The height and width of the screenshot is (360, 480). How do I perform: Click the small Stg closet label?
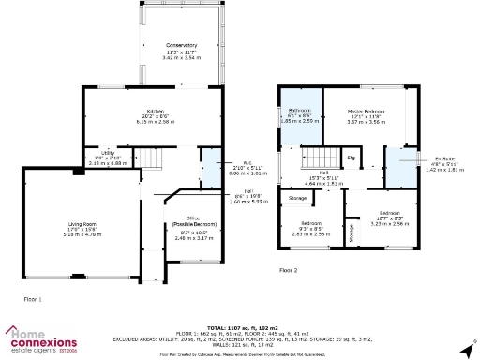tap(352, 157)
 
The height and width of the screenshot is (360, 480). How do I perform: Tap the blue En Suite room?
tap(403, 165)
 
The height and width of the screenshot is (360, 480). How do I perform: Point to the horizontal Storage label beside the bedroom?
tap(297, 198)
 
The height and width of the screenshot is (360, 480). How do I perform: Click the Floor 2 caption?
tap(288, 270)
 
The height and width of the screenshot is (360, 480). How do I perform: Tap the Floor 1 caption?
tap(33, 298)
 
